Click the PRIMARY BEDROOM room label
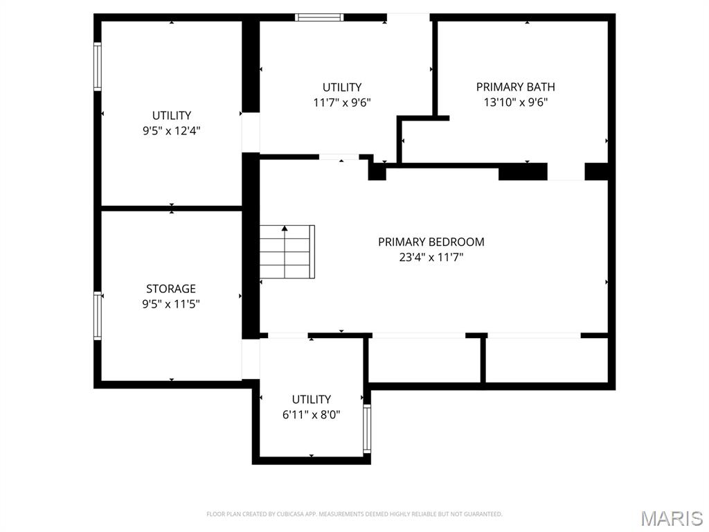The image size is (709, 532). click(431, 242)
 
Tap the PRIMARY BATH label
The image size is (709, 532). click(515, 87)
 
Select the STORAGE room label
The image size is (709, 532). click(171, 289)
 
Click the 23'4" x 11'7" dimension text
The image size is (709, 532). click(431, 258)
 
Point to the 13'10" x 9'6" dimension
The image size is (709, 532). click(515, 103)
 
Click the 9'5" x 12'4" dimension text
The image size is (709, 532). click(172, 131)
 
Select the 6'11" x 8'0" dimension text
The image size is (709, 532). click(311, 414)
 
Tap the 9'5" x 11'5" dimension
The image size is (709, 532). click(171, 304)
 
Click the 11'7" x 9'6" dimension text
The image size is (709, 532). click(342, 103)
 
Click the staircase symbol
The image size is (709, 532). click(287, 252)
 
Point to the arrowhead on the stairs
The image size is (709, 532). click(285, 229)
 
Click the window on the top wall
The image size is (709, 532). click(319, 17)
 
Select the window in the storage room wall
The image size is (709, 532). click(98, 316)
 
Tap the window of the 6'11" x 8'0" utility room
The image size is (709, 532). click(367, 429)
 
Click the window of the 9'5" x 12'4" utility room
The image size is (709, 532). click(98, 66)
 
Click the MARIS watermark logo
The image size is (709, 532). click(672, 518)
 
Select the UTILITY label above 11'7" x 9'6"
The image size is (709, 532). click(342, 87)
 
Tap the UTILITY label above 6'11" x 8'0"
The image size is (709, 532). click(311, 400)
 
